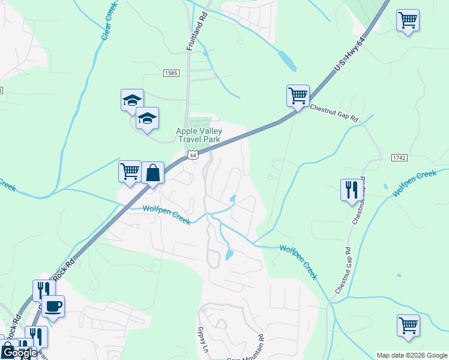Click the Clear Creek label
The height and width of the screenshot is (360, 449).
[x=112, y=21]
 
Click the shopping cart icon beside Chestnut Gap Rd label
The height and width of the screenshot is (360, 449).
[x=298, y=96]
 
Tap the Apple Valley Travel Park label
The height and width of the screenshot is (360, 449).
[x=199, y=135]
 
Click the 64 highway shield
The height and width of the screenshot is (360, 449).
[x=192, y=155]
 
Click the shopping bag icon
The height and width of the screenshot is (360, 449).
[x=153, y=173]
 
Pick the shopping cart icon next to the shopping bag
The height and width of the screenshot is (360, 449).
[x=130, y=172]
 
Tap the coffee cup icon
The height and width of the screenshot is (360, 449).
[x=53, y=306]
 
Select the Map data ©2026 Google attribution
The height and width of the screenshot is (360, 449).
[x=412, y=355]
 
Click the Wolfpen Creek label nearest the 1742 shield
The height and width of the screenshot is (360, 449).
[x=414, y=184]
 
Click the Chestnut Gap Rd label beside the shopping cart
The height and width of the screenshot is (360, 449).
[x=334, y=113]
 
